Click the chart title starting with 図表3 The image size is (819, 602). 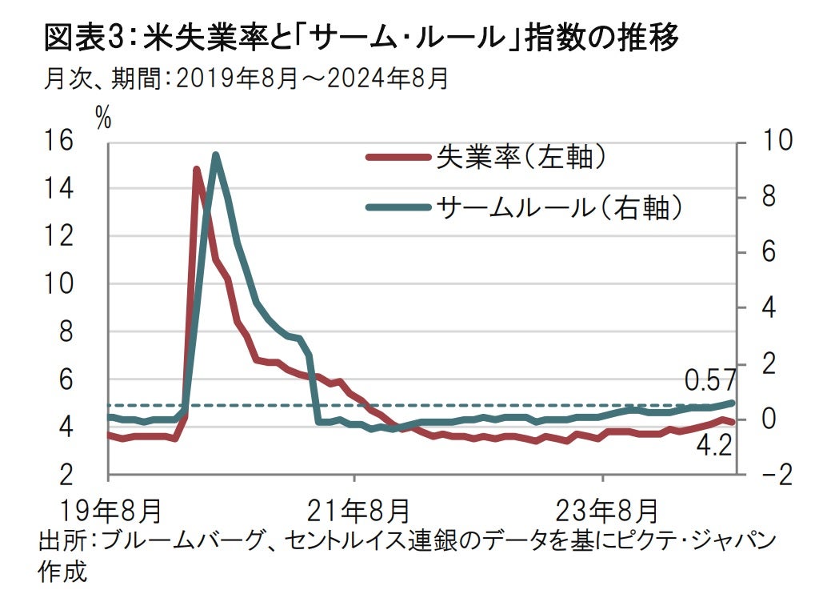tap(361, 37)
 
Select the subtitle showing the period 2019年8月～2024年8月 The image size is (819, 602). tap(247, 78)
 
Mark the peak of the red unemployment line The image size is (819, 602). tap(196, 169)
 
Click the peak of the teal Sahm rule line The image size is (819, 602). tap(215, 155)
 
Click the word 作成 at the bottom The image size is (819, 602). tap(61, 572)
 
